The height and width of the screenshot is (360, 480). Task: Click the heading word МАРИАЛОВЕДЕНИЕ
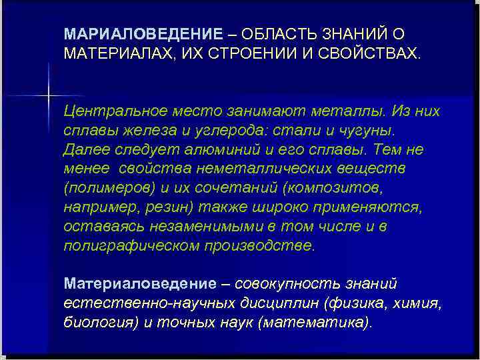click(x=143, y=34)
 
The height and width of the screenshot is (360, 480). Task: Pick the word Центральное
click(x=113, y=111)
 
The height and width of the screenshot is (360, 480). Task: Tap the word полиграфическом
click(x=127, y=245)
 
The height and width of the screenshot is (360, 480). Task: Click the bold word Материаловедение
click(x=139, y=284)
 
